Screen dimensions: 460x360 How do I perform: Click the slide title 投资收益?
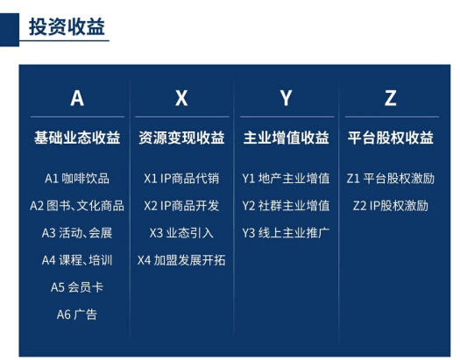[67, 26]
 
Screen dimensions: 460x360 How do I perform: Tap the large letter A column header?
[77, 98]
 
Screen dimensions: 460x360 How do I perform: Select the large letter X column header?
[181, 98]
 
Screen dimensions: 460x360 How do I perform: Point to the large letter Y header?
[286, 98]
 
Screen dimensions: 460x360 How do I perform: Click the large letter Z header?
[391, 98]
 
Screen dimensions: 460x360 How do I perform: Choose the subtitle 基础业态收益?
[77, 138]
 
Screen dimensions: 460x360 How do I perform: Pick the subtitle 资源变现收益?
[181, 138]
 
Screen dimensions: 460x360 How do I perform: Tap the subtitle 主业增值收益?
[286, 138]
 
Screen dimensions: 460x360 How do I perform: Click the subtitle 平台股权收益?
[391, 138]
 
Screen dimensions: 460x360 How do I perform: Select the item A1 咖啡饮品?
[77, 179]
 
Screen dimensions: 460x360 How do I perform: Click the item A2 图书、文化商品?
[77, 206]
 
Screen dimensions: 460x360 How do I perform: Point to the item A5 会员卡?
[77, 287]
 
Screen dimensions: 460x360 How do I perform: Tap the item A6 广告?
[77, 314]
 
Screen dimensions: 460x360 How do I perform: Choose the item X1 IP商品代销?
[181, 179]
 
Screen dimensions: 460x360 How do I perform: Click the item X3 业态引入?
[181, 233]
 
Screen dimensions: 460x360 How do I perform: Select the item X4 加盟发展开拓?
[181, 260]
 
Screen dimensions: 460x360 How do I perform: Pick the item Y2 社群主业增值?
[286, 206]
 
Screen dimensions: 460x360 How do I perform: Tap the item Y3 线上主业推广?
[286, 233]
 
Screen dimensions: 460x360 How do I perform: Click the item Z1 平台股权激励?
[391, 179]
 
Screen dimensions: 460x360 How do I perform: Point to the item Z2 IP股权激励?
[391, 206]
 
